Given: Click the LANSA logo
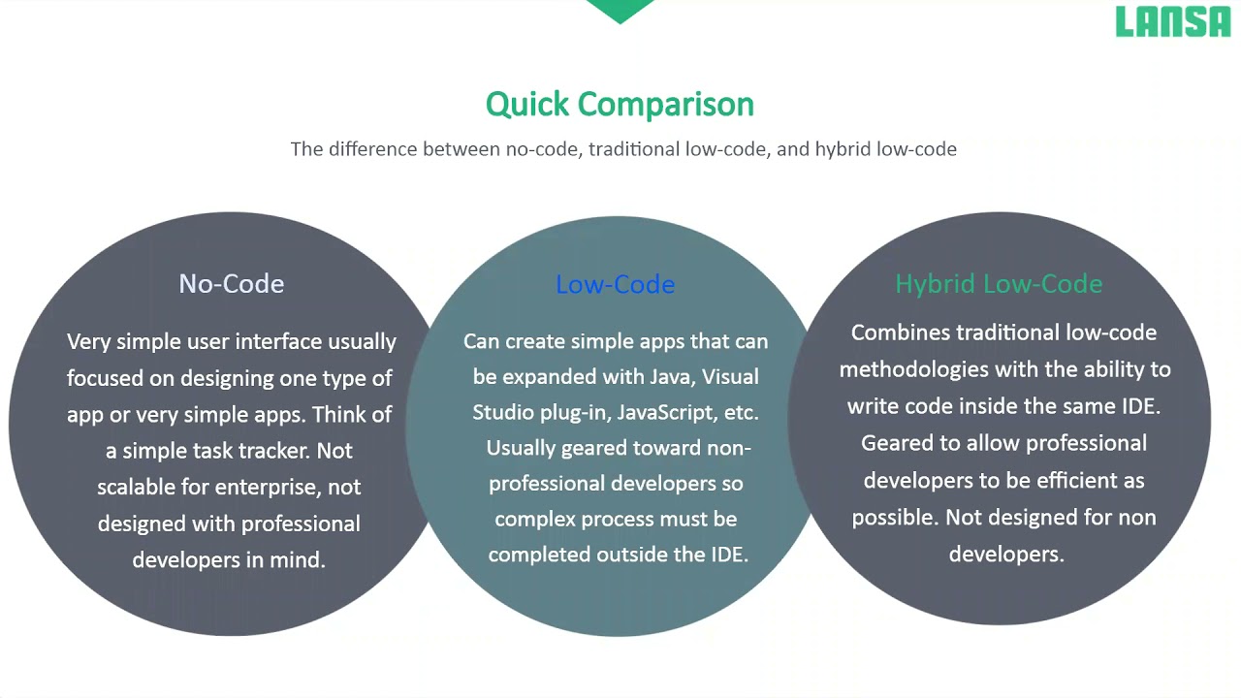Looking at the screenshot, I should [1172, 21].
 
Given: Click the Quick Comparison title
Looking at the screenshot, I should [620, 104].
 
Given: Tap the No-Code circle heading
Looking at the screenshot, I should [231, 283].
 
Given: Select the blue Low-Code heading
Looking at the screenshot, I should [615, 284].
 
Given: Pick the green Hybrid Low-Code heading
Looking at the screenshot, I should [999, 284].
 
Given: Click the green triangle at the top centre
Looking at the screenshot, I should [620, 11].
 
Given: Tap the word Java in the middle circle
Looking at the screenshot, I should [670, 376].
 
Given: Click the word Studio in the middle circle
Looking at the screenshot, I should [503, 412].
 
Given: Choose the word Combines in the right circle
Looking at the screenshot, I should [901, 333].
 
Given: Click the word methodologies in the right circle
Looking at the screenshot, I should [910, 369].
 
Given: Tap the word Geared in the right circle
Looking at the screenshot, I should [893, 443].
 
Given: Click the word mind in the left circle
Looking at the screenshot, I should [302, 560].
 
